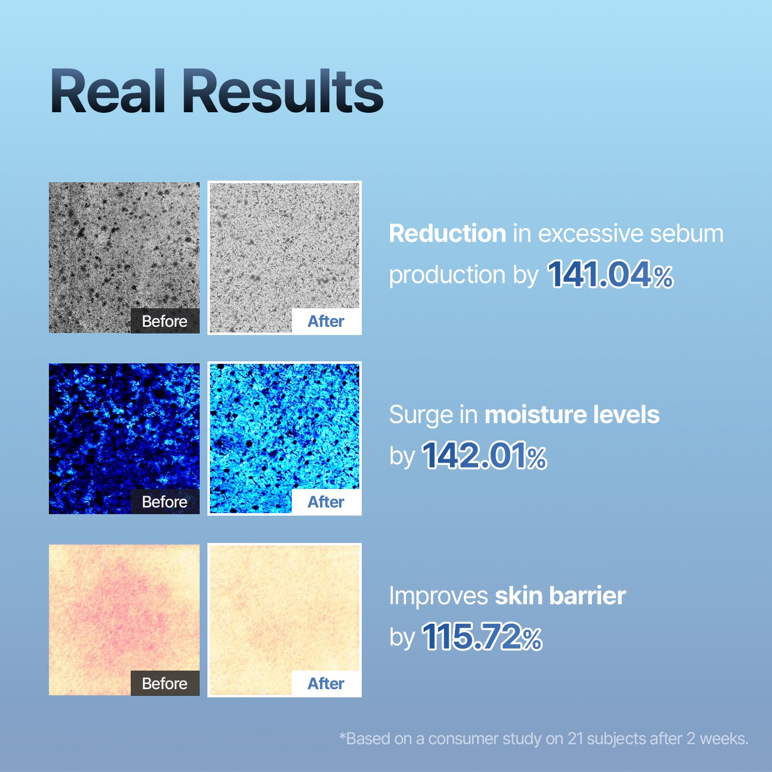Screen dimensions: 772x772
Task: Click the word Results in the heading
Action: pos(283,91)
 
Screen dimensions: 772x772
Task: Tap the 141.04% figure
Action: pos(610,275)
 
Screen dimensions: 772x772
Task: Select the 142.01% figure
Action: pos(484,456)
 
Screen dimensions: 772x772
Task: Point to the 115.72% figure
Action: pos(481,637)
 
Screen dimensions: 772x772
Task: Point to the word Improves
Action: pos(438,597)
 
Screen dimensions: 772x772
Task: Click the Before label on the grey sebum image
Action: pos(165,321)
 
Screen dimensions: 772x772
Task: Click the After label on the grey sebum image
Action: pos(326,321)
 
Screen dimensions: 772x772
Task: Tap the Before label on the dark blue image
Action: pos(165,502)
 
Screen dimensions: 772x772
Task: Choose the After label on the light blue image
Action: pos(326,502)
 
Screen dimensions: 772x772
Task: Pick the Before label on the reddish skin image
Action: pos(165,683)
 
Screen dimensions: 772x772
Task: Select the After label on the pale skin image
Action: pos(326,683)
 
